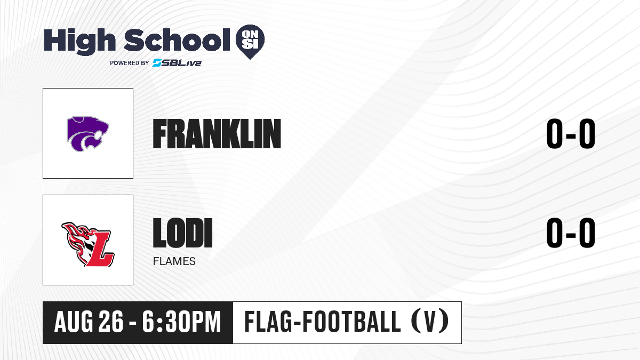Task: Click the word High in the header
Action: [79, 42]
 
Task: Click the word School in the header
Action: [177, 39]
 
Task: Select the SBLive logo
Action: [177, 62]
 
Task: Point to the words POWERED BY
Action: [130, 63]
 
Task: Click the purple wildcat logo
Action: [87, 133]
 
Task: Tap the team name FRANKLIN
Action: [217, 134]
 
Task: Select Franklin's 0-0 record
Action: [571, 134]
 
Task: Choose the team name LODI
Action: [183, 233]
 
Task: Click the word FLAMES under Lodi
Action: [174, 261]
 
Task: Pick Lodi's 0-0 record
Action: [571, 233]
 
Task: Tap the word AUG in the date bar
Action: [74, 322]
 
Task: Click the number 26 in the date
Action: [111, 322]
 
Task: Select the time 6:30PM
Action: [182, 322]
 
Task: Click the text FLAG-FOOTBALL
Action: [323, 322]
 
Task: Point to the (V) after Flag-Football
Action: [430, 322]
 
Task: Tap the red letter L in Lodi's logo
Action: [99, 249]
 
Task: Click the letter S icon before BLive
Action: [157, 62]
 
